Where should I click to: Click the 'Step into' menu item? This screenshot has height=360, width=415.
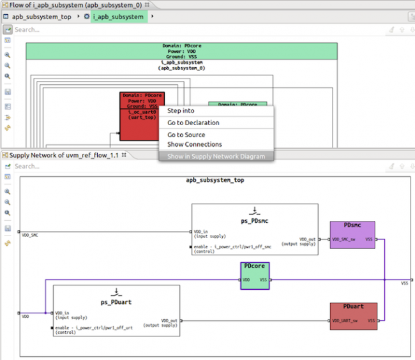[181, 111]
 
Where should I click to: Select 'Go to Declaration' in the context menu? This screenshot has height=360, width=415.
[193, 123]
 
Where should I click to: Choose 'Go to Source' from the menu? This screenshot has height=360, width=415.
[186, 135]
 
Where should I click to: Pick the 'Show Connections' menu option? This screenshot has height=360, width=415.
[194, 144]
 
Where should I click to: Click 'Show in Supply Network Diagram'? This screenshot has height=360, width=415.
[216, 156]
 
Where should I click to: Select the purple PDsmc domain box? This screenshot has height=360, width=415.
[352, 235]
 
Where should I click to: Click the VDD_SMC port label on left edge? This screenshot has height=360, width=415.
[29, 236]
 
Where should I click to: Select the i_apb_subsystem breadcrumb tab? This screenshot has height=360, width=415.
[118, 17]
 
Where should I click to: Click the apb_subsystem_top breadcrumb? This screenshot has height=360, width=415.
[41, 17]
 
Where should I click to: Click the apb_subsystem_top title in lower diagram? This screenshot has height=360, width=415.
[215, 180]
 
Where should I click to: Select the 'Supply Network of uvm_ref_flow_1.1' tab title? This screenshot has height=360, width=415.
[64, 155]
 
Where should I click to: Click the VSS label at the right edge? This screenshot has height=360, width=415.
[404, 283]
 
